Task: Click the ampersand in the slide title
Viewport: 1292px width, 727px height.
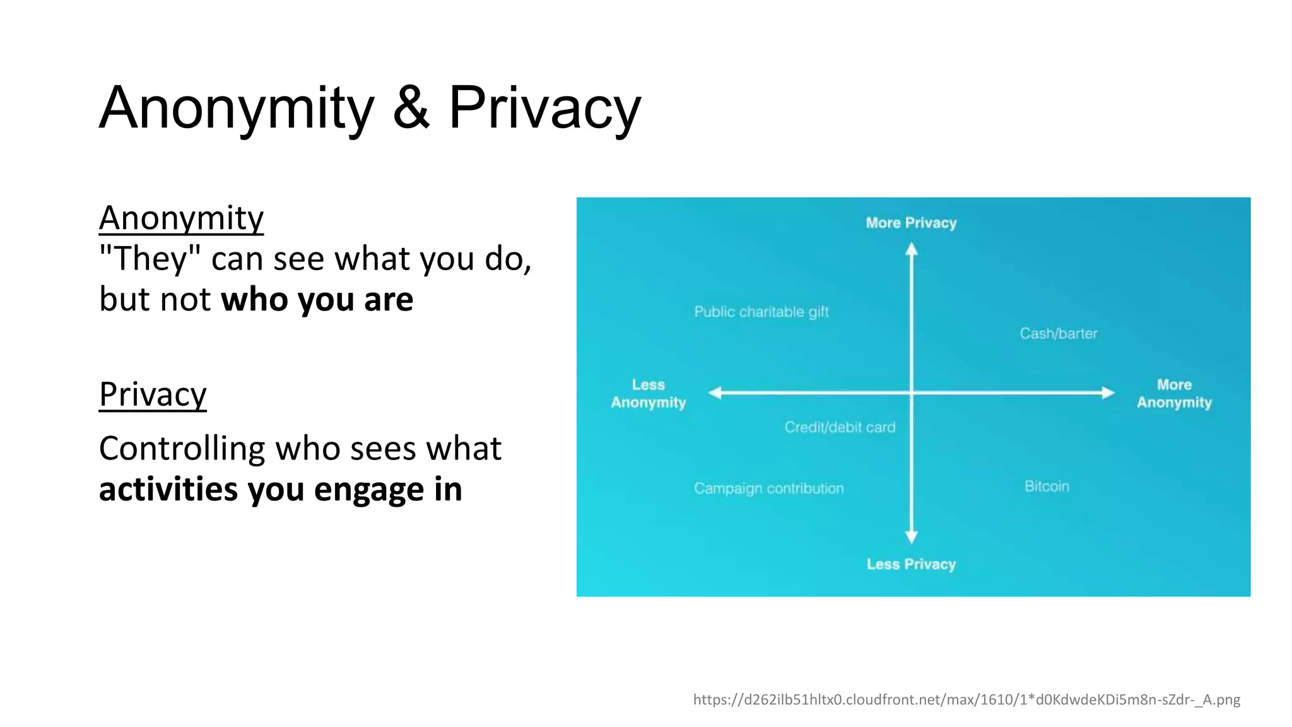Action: coord(411,108)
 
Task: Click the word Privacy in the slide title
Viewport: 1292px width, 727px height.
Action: coord(544,108)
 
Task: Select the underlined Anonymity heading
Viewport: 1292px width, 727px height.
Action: coord(181,218)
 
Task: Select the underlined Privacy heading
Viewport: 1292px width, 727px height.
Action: coord(153,395)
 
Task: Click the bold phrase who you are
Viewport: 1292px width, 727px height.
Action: coord(317,299)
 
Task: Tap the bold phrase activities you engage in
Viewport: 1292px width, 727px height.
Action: coord(280,490)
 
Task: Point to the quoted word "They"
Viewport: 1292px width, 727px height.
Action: coord(150,259)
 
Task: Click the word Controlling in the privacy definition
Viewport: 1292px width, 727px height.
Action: coord(182,449)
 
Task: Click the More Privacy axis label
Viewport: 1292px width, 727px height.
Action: coord(911,223)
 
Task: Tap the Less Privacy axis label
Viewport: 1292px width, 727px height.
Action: coord(911,564)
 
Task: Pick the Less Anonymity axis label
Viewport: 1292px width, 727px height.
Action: coord(648,394)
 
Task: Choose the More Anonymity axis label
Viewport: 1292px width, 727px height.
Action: coord(1174,394)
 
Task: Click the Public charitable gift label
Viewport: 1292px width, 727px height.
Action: coord(761,312)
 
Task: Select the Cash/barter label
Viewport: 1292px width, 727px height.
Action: coord(1059,333)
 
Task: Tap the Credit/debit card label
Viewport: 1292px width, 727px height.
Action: coord(840,427)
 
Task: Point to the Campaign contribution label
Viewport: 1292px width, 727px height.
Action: coord(768,488)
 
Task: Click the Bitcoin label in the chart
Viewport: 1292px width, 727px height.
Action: coord(1047,487)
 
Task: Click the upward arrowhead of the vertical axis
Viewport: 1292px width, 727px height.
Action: coord(911,250)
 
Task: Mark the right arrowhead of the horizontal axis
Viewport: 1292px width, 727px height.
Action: coord(1108,393)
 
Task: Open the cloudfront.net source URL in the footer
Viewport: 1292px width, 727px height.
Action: coord(966,699)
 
